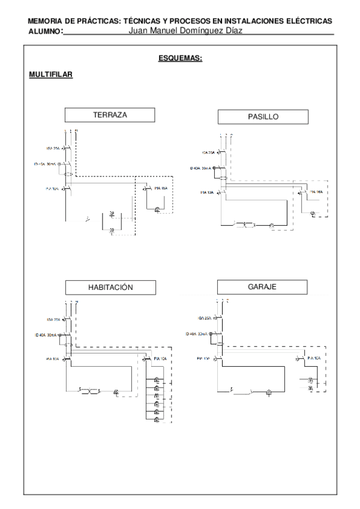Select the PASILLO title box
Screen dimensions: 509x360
coord(263,117)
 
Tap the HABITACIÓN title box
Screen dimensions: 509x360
coord(110,288)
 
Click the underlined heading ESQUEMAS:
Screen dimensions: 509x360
coord(180,59)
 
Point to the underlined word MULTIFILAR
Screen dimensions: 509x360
coord(51,75)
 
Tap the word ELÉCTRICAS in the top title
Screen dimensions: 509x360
coord(308,20)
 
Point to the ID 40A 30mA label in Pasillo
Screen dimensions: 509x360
coord(202,169)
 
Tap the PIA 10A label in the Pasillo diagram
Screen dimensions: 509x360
coord(206,192)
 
